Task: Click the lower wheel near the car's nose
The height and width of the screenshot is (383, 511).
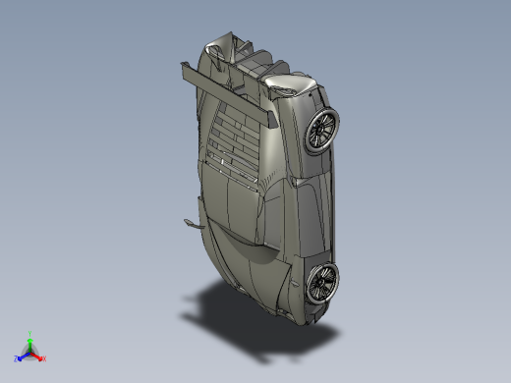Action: point(320,283)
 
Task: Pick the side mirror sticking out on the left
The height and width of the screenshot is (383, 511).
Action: point(190,223)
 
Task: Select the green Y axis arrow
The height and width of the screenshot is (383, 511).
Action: point(30,340)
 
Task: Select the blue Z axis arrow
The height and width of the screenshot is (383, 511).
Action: point(23,355)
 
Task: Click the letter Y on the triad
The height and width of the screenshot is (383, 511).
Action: point(30,333)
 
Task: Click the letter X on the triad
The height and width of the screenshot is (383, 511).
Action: point(43,358)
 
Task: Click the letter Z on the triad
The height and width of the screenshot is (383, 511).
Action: point(17,358)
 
